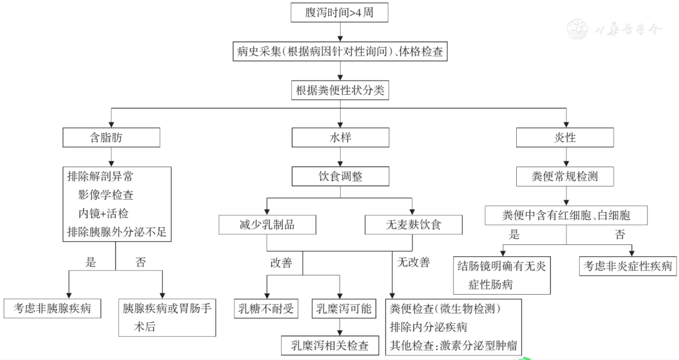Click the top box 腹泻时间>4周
coord(339,12)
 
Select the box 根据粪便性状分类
coord(340,90)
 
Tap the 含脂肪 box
coord(111,138)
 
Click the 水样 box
coord(340,138)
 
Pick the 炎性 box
coord(565,138)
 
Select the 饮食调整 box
coord(340,177)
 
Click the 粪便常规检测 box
coord(565,177)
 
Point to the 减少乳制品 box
coord(267,224)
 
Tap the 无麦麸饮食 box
coord(414,224)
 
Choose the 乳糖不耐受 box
coord(266,308)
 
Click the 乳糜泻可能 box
coord(344,308)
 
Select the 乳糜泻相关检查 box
coord(329,346)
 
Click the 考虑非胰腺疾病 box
coord(52,308)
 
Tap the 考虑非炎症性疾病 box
coord(628,266)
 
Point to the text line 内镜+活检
coord(103,214)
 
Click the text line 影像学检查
coord(106,195)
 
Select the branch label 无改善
coord(414,262)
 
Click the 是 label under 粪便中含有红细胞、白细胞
coord(514,234)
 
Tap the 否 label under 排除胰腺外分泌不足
coord(141,262)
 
